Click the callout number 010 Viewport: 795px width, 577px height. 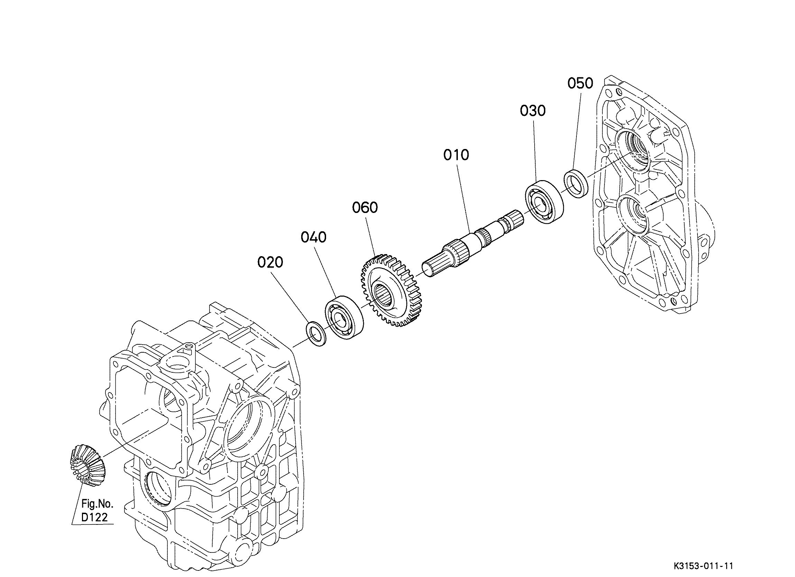point(456,155)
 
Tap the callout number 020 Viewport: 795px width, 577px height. point(270,262)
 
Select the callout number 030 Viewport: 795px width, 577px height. point(533,111)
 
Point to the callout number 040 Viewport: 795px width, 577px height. point(313,237)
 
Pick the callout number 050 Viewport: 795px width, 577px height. point(581,83)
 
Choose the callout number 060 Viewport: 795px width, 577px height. point(365,208)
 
